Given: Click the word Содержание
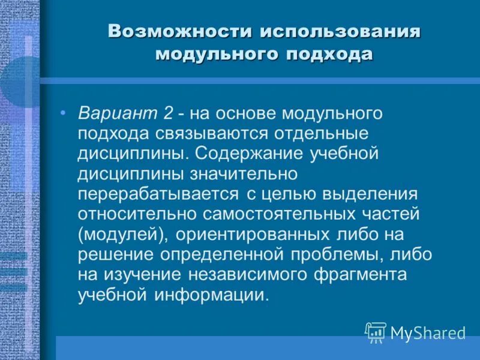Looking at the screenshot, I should (251, 154).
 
